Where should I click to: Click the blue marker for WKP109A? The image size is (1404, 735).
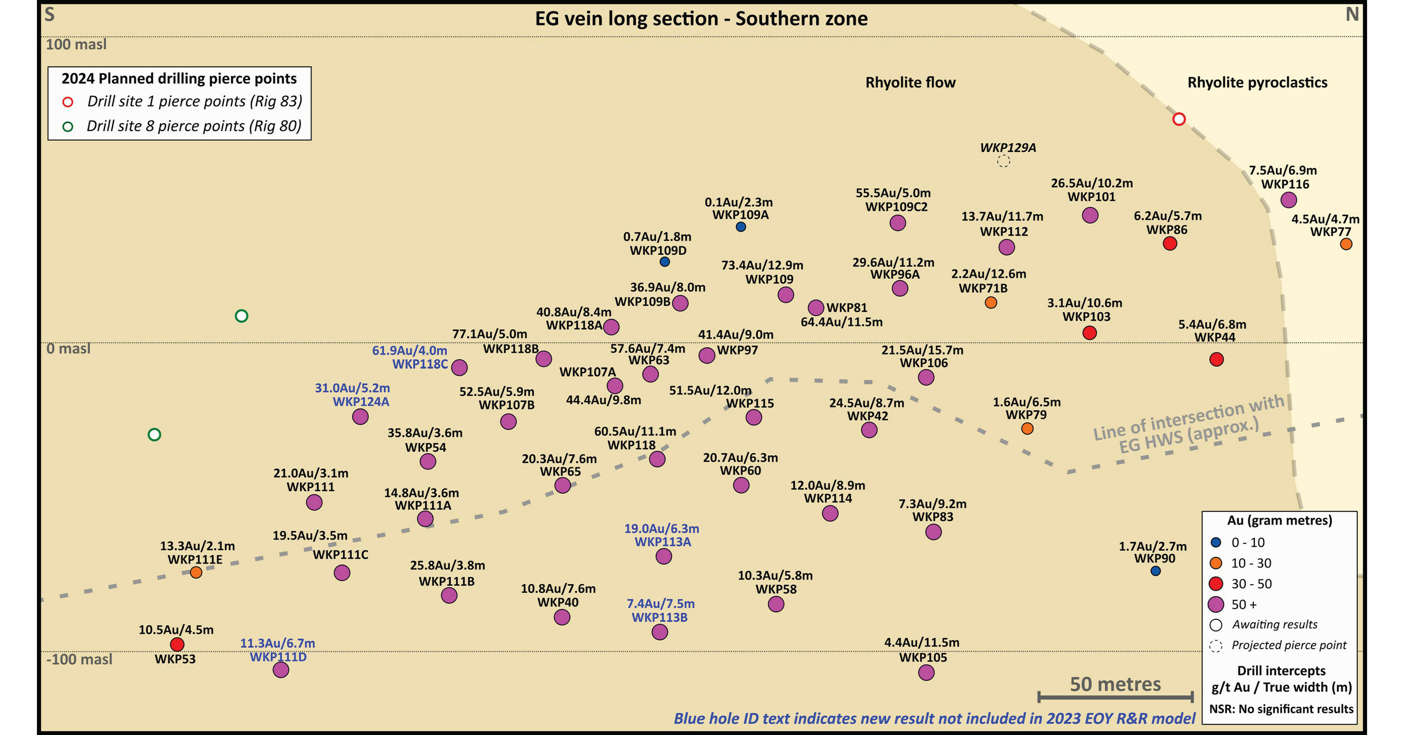[x=740, y=227]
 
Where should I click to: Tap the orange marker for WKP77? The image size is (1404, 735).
[x=1346, y=244]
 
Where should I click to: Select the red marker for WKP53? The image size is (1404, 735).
[x=177, y=645]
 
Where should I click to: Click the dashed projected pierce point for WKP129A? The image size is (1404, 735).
[x=1004, y=161]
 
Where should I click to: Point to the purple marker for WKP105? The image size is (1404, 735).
[x=926, y=672]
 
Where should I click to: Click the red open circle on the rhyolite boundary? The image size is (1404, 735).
[x=1179, y=119]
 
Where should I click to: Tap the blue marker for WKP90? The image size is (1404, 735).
[x=1155, y=571]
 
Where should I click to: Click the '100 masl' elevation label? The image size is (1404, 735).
[x=76, y=44]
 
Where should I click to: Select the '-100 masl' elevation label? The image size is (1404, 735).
[x=80, y=659]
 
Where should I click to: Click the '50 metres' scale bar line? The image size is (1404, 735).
[x=1116, y=697]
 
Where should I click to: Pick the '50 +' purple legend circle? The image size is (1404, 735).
[x=1216, y=604]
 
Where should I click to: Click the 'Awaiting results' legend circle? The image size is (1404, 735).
[x=1216, y=625]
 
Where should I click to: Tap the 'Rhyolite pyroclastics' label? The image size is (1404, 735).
[x=1257, y=82]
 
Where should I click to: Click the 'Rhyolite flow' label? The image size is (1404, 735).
[x=910, y=82]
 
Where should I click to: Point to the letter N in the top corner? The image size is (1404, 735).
[x=1351, y=15]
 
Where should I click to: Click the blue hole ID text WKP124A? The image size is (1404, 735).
[x=361, y=402]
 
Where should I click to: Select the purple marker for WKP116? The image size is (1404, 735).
[x=1289, y=200]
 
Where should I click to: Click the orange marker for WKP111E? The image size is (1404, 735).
[x=196, y=572]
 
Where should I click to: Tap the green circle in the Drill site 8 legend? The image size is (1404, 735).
[x=68, y=127]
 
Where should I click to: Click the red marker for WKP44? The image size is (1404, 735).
[x=1216, y=359]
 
